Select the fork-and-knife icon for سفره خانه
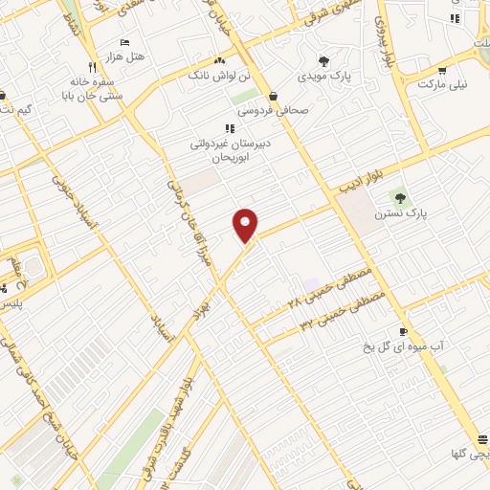[92, 67]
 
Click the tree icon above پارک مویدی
[335, 59]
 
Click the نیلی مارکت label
[443, 84]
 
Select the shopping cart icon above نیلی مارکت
[442, 70]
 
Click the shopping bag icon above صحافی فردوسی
[275, 97]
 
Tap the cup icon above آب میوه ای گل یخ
[403, 331]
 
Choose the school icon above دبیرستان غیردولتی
[229, 128]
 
